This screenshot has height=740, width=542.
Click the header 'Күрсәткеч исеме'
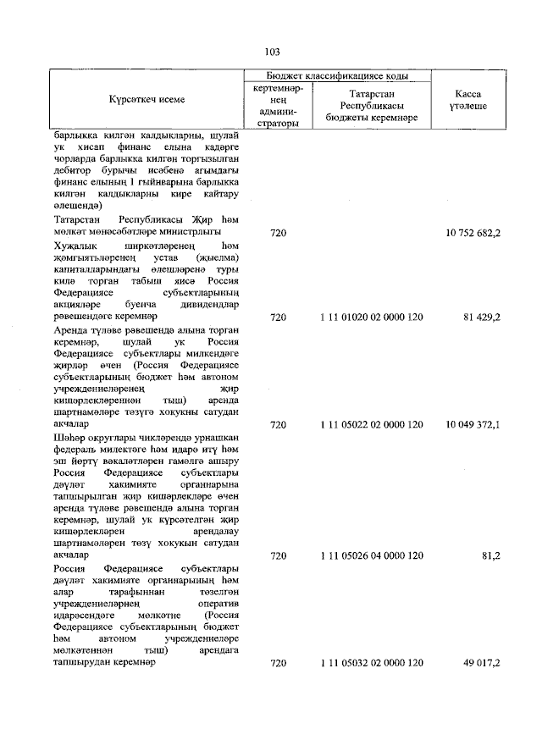147,99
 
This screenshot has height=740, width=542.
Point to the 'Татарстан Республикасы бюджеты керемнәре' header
372,105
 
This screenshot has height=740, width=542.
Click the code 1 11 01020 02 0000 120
372,317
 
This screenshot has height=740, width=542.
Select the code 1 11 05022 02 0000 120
372,423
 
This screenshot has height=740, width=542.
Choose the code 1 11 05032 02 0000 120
372,662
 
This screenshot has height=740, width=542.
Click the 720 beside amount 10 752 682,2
279,231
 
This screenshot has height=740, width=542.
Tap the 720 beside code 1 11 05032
279,662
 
